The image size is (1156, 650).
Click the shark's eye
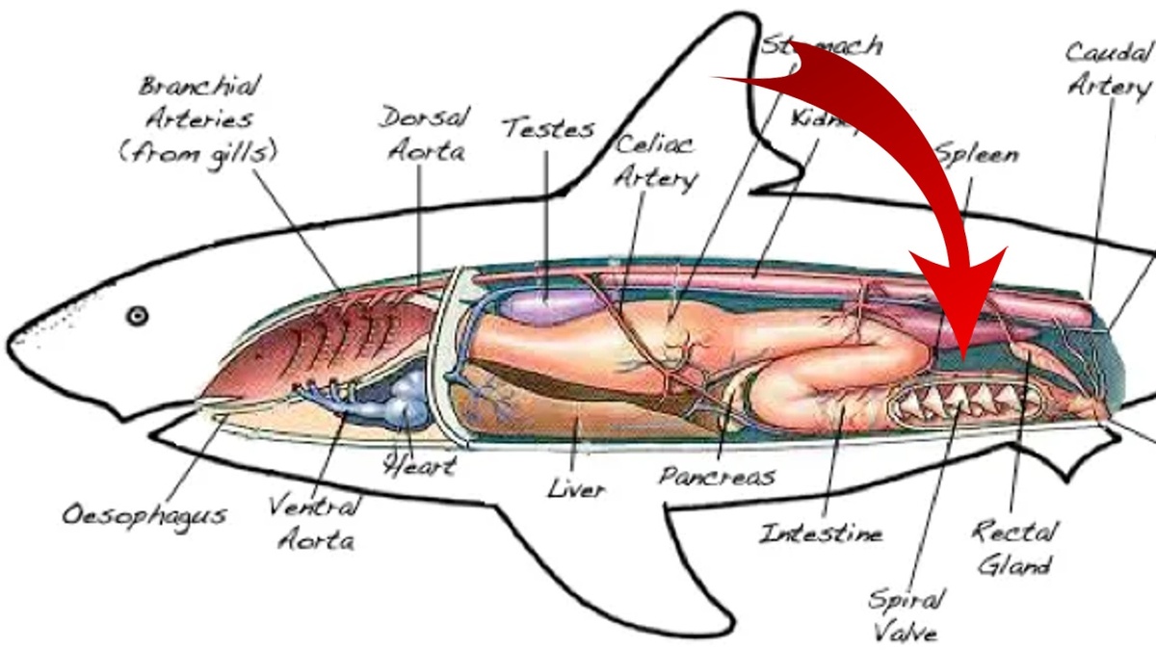[x=138, y=315]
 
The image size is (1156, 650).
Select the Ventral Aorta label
[x=314, y=522]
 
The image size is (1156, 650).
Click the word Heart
[x=419, y=466]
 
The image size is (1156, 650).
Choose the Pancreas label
[x=718, y=475]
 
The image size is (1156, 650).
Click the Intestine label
[x=821, y=532]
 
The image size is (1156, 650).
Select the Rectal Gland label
[x=1014, y=546]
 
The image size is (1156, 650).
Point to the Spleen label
[x=976, y=154]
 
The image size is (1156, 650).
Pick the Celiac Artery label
[x=655, y=161]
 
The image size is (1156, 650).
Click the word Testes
[x=547, y=128]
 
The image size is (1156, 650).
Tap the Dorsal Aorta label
[x=422, y=134]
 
